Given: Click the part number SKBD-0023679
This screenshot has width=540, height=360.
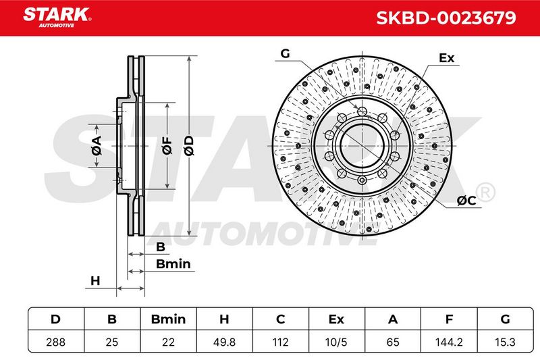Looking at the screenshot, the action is [x=446, y=18].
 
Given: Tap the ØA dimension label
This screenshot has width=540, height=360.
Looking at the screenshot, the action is [x=97, y=146].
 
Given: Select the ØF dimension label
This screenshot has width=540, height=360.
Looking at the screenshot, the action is [x=167, y=145].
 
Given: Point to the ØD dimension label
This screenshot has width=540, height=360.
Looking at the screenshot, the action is [x=189, y=146].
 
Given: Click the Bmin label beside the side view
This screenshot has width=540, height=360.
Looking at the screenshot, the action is [x=173, y=264].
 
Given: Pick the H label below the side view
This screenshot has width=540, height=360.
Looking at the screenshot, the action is [x=95, y=281].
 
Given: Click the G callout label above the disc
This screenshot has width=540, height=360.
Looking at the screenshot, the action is [x=285, y=54].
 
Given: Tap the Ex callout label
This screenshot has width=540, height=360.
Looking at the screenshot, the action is [x=447, y=58].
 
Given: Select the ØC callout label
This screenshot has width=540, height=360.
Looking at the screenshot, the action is [x=466, y=201].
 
